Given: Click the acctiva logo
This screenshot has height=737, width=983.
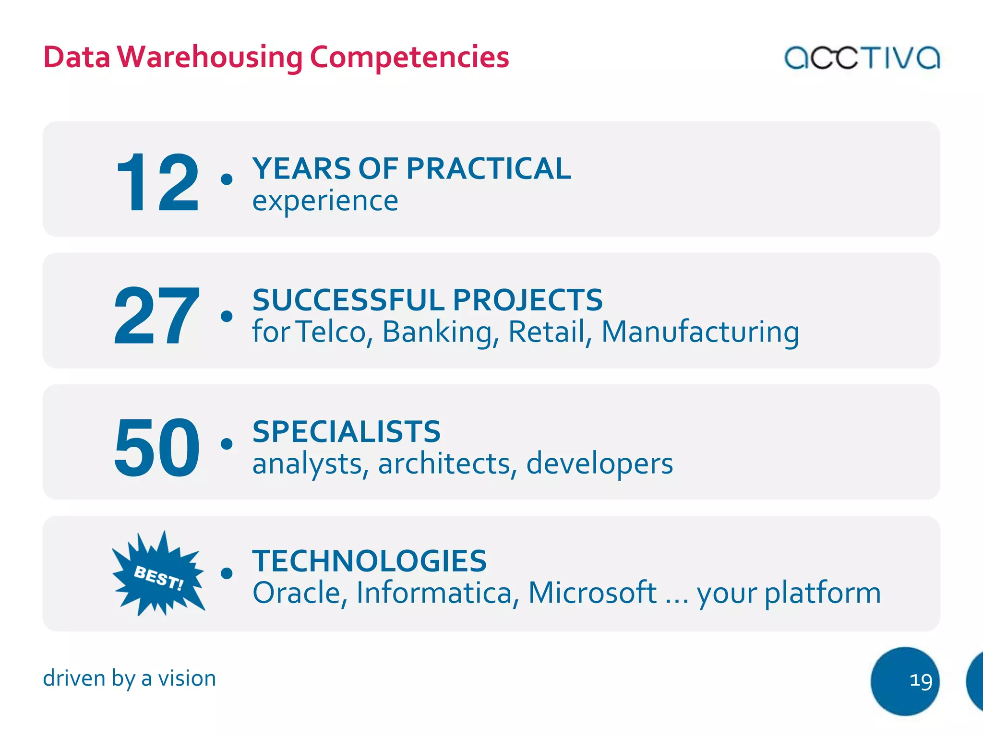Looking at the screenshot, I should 862,58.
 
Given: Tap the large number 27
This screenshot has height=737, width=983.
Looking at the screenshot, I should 156,315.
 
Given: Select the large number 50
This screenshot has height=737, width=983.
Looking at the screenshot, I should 156,447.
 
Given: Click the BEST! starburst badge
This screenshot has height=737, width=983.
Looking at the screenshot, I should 158,574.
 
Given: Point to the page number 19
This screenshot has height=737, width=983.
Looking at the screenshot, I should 921,680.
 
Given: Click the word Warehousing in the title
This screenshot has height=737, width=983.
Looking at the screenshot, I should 210,57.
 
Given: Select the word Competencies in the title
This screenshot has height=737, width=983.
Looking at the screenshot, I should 409,57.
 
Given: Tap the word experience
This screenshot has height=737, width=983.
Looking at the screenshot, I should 325,201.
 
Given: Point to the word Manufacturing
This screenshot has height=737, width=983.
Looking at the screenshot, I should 700,332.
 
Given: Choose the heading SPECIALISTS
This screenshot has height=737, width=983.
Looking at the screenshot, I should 346,431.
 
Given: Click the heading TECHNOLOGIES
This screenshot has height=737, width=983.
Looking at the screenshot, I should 369,561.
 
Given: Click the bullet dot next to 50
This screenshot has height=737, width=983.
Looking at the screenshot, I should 227,444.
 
